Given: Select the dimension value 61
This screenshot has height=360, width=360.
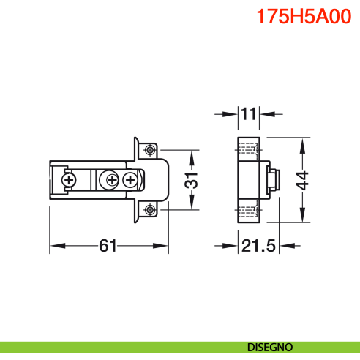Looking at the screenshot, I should (x=108, y=247).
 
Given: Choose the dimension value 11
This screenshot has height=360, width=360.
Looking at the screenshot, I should (x=249, y=114).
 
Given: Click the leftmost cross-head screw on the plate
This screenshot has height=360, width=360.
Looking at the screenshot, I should (x=69, y=179).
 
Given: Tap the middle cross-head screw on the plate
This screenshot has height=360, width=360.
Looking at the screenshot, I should (x=111, y=179).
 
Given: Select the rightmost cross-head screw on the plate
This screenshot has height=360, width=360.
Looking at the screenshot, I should (x=130, y=179).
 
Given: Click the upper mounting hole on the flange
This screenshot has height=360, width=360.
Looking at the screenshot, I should (x=149, y=150).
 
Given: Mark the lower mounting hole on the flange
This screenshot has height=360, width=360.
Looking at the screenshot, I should (x=149, y=209).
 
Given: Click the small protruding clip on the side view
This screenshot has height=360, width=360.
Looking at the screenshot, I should (x=274, y=179).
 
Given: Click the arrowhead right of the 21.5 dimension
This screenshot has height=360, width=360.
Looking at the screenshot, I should (x=290, y=246).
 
